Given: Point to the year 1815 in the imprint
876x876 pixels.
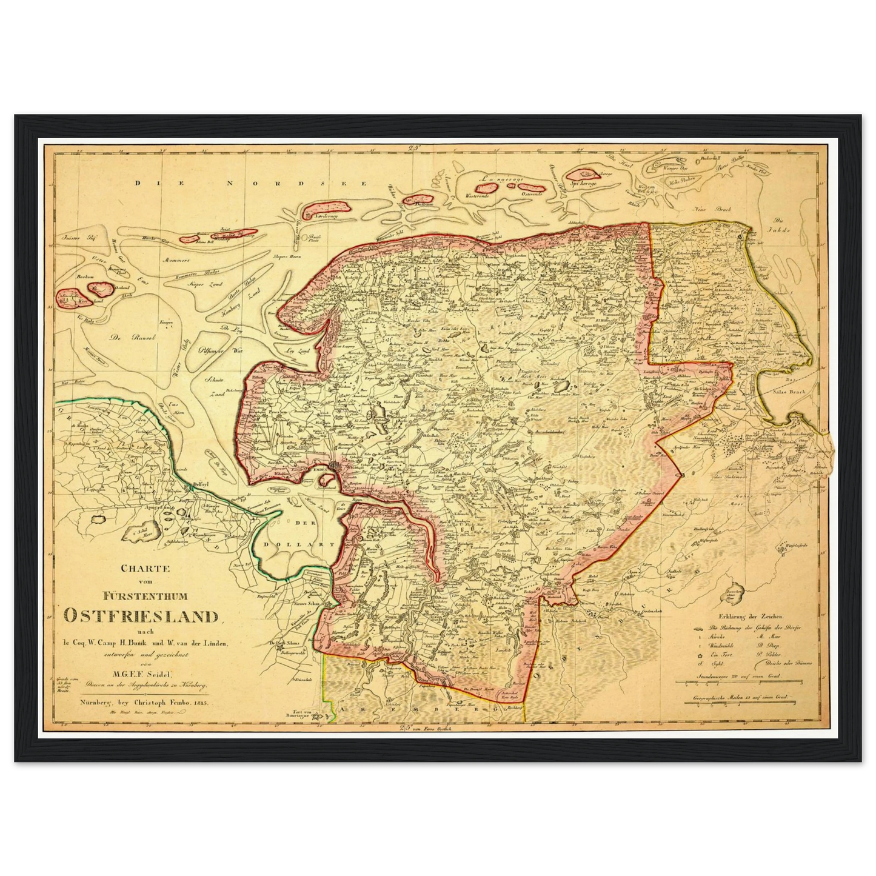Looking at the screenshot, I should [198, 702].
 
